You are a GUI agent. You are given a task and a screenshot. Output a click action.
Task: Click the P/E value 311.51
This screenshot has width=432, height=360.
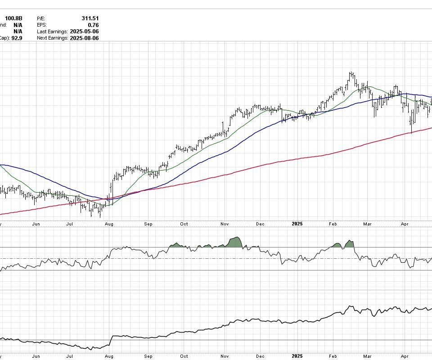(x=90, y=18)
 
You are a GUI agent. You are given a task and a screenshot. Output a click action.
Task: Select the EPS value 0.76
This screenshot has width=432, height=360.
(x=94, y=25)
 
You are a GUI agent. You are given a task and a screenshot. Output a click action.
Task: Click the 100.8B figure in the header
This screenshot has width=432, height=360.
(x=13, y=18)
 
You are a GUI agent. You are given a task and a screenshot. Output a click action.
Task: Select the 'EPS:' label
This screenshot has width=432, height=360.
(x=42, y=25)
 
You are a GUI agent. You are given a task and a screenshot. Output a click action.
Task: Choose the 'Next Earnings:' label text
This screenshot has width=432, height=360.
(x=52, y=38)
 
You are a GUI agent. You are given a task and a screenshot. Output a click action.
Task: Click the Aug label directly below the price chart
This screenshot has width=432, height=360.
(x=108, y=224)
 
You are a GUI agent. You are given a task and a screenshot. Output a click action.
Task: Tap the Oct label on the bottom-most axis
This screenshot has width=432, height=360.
(x=184, y=356)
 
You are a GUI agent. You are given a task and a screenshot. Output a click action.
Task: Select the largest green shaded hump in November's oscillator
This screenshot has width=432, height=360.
(x=235, y=242)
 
